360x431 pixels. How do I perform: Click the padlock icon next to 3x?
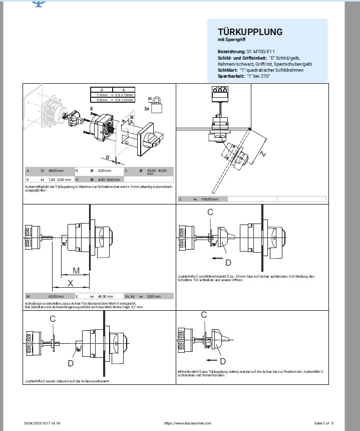pyautogui.click(x=157, y=106)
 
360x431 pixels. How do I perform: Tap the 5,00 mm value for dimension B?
pyautogui.click(x=104, y=171)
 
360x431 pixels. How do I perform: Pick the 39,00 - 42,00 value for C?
pyautogui.click(x=157, y=171)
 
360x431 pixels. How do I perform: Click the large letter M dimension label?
pyautogui.click(x=76, y=271)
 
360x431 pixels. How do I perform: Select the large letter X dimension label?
pyautogui.click(x=71, y=283)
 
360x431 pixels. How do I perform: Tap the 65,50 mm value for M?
pyautogui.click(x=55, y=296)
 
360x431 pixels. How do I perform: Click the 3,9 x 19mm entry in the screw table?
pyautogui.click(x=123, y=95)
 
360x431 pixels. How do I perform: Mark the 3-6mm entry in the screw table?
pyautogui.click(x=103, y=99)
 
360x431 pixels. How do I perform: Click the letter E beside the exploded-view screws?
pyautogui.click(x=92, y=108)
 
